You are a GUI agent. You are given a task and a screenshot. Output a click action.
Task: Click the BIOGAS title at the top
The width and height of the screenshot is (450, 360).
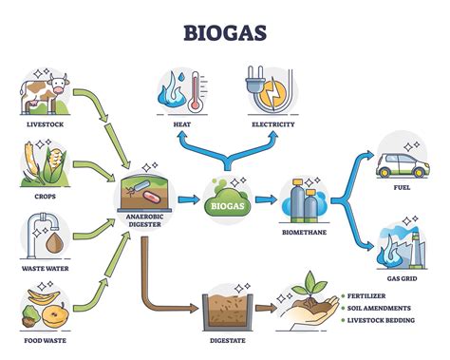pyautogui.click(x=225, y=33)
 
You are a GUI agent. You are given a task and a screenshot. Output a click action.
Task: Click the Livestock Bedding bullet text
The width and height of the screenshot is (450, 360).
pyautogui.click(x=380, y=321)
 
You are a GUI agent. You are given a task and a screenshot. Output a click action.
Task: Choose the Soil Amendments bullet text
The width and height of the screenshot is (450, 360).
pyautogui.click(x=378, y=308)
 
